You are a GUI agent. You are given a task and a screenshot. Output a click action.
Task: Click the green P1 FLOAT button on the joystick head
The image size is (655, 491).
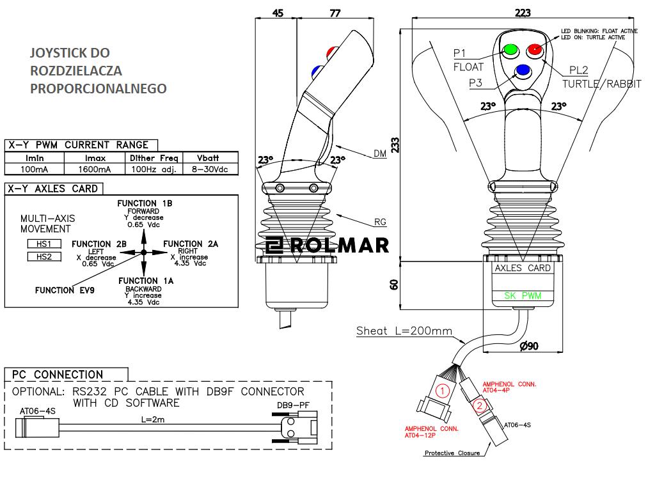point(511,49)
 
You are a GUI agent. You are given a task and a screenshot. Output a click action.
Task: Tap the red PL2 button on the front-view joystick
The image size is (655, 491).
point(534,49)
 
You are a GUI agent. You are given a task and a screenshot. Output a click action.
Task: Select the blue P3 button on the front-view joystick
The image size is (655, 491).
point(523,70)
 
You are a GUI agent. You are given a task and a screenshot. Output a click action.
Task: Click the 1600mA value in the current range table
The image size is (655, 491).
point(95,169)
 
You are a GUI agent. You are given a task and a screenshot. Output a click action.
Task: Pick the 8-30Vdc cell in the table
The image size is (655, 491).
point(210,169)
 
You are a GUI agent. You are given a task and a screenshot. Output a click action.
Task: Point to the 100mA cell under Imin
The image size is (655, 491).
point(35,169)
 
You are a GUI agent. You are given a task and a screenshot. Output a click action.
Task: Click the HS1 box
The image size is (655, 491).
point(43,244)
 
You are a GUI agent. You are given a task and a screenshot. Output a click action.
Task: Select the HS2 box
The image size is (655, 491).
point(43,256)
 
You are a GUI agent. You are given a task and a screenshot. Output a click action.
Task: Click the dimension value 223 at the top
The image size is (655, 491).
point(523,13)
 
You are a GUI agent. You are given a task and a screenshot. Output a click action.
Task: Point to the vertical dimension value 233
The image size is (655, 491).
point(395,145)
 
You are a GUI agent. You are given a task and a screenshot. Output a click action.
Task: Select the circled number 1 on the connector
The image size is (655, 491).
point(441,389)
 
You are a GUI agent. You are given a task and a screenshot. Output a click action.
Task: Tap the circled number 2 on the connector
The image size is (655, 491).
point(480,404)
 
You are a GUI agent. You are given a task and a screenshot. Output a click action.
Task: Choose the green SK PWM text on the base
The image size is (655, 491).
point(523,295)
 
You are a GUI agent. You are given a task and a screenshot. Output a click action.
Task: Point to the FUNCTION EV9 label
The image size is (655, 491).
point(65,290)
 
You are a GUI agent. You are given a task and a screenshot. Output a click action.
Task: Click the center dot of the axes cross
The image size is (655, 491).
point(144,253)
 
